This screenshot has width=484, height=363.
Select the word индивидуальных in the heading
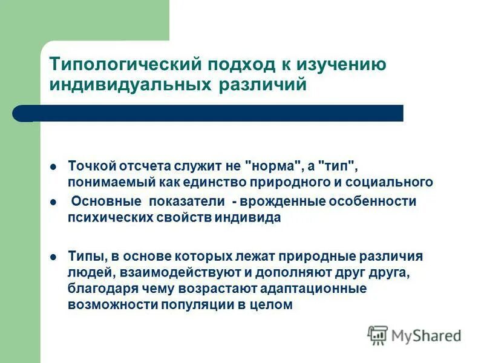tap(128, 84)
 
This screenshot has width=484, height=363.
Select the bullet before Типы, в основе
tap(53, 257)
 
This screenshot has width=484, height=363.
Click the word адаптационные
tap(316, 289)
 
